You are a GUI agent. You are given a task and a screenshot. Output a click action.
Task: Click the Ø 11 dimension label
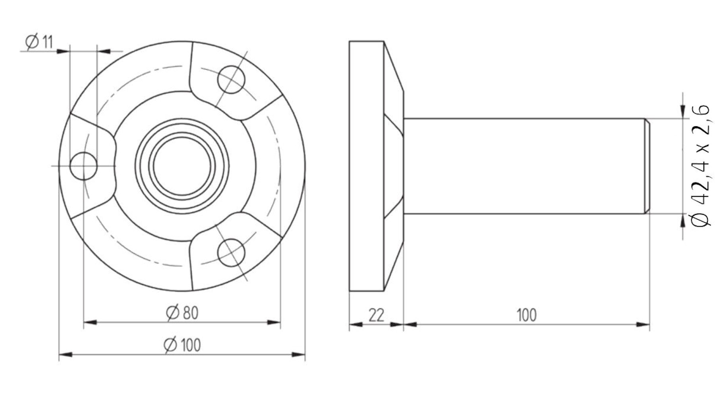(x=39, y=42)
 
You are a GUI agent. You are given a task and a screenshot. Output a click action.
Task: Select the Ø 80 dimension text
(x=182, y=313)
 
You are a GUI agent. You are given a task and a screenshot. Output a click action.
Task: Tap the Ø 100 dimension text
(x=182, y=345)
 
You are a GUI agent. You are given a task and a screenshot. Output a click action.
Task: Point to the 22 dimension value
(x=376, y=315)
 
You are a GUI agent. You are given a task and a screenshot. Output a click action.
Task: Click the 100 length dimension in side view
(x=526, y=315)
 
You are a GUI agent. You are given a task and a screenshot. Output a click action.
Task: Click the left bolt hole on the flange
(x=83, y=166)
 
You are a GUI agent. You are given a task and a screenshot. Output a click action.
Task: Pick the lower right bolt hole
(x=231, y=252)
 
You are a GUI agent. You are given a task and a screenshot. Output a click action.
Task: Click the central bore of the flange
(x=182, y=166)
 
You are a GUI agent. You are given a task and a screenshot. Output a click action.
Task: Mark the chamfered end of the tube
(x=647, y=166)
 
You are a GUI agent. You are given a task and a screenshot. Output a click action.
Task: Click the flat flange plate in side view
(x=366, y=166)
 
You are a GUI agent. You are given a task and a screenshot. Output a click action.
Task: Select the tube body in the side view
(x=524, y=166)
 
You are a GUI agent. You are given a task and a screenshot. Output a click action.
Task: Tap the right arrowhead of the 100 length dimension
(x=643, y=325)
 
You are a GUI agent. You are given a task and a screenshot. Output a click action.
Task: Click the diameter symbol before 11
(x=31, y=42)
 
